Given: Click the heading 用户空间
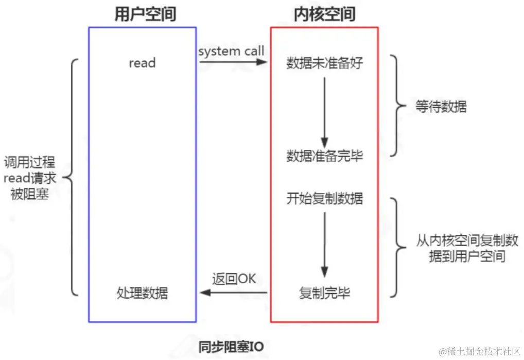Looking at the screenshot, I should point(145,14).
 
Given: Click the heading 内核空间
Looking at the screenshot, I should point(324,14).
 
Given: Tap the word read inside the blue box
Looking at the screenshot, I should point(142,63).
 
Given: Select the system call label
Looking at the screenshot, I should point(231,50).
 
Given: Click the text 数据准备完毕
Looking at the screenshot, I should point(324,156).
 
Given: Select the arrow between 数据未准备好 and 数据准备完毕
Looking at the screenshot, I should point(324,111).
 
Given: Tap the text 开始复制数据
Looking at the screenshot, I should point(324,198).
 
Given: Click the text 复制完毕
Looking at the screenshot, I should point(324,293).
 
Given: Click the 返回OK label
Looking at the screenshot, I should point(234,279).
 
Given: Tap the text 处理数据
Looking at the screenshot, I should point(142,293).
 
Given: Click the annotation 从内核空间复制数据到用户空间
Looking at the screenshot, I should point(466,248).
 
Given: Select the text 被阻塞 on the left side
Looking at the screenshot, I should point(29,194).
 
